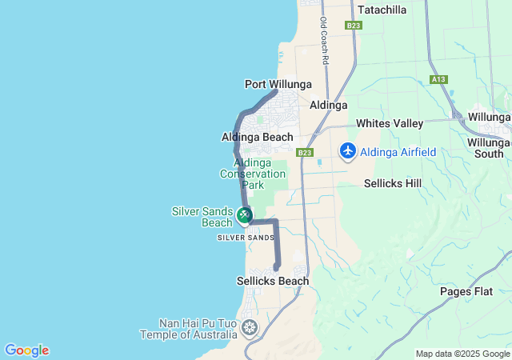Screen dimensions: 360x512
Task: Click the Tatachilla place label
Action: [382, 10]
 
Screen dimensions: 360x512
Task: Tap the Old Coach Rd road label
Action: [324, 42]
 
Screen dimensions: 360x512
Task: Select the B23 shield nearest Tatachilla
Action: [354, 26]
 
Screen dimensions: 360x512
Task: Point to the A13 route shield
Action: [438, 79]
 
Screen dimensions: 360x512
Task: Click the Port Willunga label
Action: [278, 84]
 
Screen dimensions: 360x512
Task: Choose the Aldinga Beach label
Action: [258, 137]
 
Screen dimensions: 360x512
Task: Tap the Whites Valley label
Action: [390, 123]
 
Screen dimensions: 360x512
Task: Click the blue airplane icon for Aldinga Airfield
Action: [348, 150]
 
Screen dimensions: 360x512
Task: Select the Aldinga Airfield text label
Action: [398, 152]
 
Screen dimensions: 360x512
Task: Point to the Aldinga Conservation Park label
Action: [253, 174]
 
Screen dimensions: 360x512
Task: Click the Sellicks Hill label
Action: [393, 183]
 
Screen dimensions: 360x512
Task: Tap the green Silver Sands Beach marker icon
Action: [245, 214]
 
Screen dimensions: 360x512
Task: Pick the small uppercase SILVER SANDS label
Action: [246, 238]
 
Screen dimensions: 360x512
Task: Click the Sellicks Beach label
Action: [273, 281]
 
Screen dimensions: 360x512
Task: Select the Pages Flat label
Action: [466, 291]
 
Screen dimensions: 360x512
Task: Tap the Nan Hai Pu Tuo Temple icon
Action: [250, 327]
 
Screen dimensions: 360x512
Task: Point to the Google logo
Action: [26, 350]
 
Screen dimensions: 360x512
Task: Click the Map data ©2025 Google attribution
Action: [463, 354]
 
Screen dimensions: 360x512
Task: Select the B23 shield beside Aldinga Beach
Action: [304, 152]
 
